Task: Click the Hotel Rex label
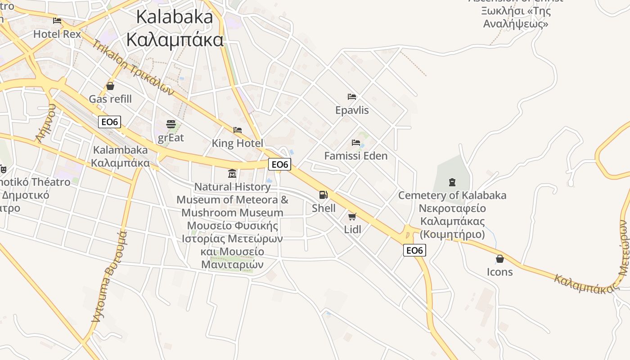click(57, 34)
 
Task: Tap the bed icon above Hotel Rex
click(57, 21)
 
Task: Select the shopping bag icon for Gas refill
click(110, 86)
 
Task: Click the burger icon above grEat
click(171, 124)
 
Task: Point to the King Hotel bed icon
click(238, 130)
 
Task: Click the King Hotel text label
click(238, 144)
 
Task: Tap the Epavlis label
click(352, 110)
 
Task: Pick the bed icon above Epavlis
click(352, 97)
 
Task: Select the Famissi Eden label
click(356, 156)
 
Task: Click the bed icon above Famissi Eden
click(356, 143)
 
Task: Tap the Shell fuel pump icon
click(323, 195)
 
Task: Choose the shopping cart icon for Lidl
click(352, 217)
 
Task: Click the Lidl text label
click(352, 229)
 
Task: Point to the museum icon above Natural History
click(232, 173)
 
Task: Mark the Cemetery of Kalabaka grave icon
click(452, 182)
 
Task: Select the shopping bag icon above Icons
click(499, 259)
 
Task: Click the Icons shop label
click(499, 272)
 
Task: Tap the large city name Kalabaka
click(175, 17)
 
